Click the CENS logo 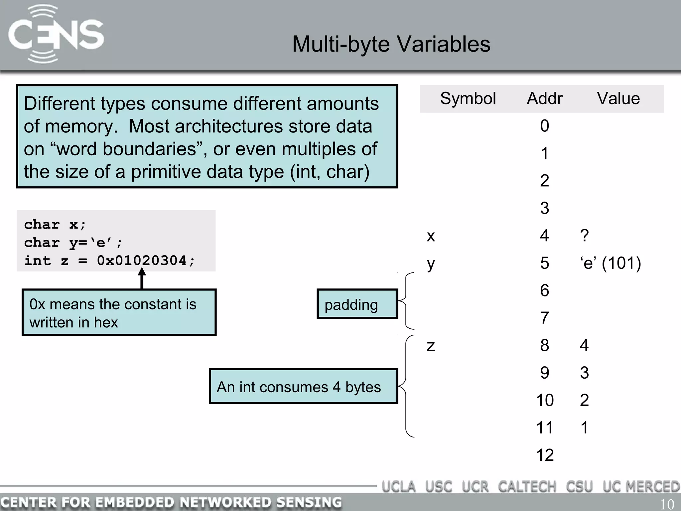[x=56, y=35]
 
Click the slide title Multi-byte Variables [x=391, y=44]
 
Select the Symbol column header [x=468, y=99]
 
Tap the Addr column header [x=544, y=99]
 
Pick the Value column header [x=618, y=99]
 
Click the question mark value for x [x=584, y=236]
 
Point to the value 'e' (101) [x=611, y=263]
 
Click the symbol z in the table [x=431, y=346]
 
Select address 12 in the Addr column [x=545, y=455]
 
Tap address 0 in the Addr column [x=544, y=126]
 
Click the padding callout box [x=357, y=304]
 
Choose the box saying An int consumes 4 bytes [x=303, y=387]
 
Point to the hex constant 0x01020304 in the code [x=142, y=261]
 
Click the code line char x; [x=55, y=225]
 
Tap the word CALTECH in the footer [x=527, y=487]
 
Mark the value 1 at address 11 [x=584, y=428]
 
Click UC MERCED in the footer [x=641, y=487]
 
